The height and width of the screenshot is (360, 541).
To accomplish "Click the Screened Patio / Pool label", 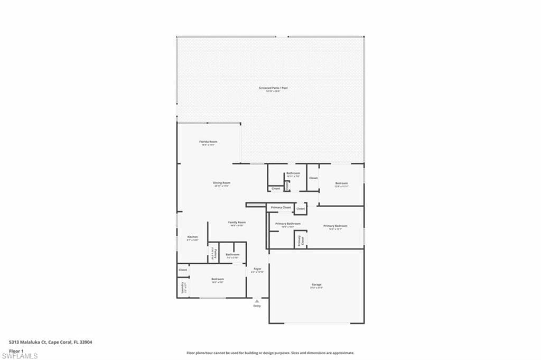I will coord(273,88).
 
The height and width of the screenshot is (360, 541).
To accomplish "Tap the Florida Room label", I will coord(208,142).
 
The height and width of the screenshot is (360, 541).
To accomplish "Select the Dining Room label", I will coord(222,183).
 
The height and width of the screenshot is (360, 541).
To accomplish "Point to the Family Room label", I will coord(237,223).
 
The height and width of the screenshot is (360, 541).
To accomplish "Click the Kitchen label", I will coord(192,237).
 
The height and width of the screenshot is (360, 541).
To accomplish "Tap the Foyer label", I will coord(257,269).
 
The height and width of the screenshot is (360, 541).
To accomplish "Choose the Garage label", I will coord(316,285).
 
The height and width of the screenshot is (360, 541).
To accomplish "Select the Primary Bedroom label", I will coord(335,226).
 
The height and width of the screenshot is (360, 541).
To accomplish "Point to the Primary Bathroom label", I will coord(288,224).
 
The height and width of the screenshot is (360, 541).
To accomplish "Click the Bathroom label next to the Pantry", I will coord(232,255).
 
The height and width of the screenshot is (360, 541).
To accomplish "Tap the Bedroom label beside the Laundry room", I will coord(218,279).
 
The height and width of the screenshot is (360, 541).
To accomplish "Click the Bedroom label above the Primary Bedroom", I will coord(341,183).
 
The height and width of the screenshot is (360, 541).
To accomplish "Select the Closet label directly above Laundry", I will coord(183,270).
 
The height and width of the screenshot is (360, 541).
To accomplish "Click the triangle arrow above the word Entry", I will coord(257,301).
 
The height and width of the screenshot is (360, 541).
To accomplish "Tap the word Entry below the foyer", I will coord(257,306).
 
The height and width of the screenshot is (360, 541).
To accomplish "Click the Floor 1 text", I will coord(16,350).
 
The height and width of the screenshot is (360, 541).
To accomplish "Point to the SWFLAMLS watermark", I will coord(20,356).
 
